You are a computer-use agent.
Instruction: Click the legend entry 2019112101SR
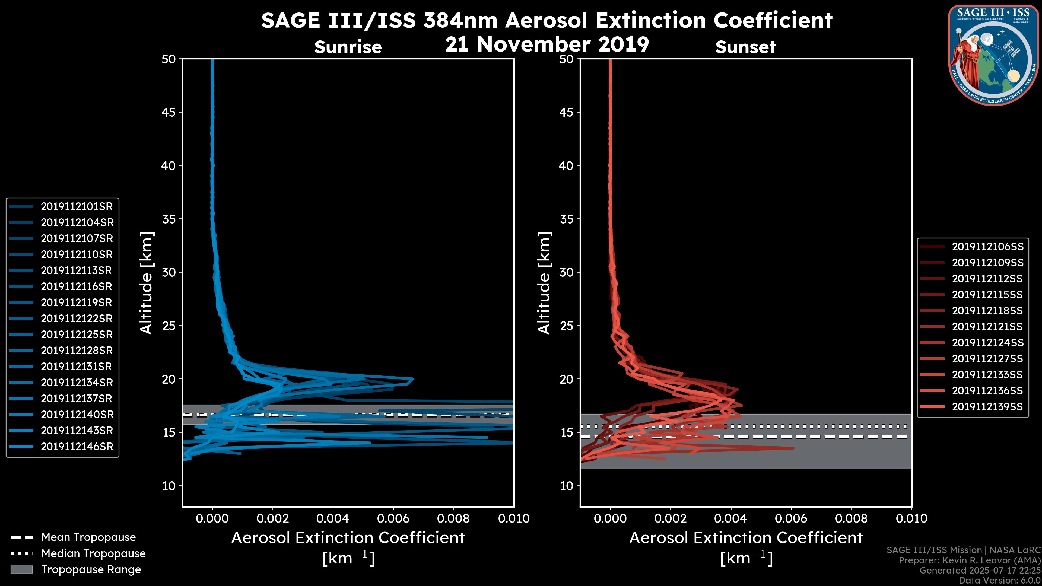(x=77, y=207)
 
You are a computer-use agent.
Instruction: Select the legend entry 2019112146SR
(x=77, y=447)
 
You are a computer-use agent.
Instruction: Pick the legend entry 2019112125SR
(x=77, y=335)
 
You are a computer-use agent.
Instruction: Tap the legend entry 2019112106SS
(x=987, y=247)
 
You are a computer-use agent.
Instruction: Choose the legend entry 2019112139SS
(x=987, y=407)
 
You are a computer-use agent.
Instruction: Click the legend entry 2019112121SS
(x=987, y=327)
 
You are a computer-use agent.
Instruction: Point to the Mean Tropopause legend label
(x=88, y=537)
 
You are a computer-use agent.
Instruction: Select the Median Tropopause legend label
(x=93, y=554)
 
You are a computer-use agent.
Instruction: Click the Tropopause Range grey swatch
(x=21, y=570)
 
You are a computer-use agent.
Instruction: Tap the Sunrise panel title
(x=348, y=47)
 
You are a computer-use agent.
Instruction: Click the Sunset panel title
(x=745, y=47)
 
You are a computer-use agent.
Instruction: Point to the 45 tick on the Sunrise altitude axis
(x=168, y=112)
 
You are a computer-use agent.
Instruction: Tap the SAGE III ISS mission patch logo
(x=993, y=55)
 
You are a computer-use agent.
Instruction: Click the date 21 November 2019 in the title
(x=547, y=44)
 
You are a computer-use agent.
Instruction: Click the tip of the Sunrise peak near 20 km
(x=412, y=379)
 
